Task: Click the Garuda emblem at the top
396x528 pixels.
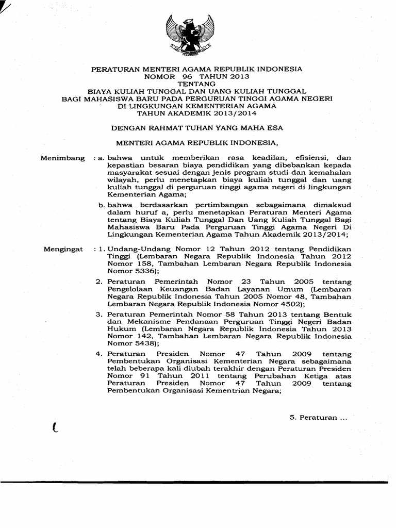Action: coord(190,35)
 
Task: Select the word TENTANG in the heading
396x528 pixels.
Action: coord(197,84)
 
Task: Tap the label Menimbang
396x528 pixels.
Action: coord(62,158)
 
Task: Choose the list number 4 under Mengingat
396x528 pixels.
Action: coord(99,354)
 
